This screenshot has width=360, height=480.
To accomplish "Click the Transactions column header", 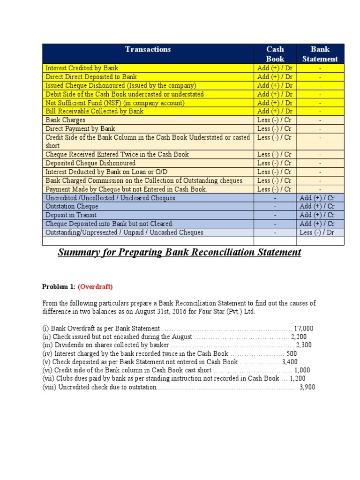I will pyautogui.click(x=148, y=49).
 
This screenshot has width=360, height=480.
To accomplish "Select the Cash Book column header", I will pyautogui.click(x=275, y=54).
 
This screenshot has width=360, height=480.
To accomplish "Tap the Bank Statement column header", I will pyautogui.click(x=320, y=54).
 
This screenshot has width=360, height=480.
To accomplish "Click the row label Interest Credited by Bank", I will pyautogui.click(x=82, y=68).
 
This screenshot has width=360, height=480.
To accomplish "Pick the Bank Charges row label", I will pyautogui.click(x=65, y=120).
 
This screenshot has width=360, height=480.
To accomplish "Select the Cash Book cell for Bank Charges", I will pyautogui.click(x=275, y=120).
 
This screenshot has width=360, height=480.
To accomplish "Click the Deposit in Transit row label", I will pyautogui.click(x=71, y=215).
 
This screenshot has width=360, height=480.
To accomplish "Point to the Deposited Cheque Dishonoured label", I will pyautogui.click(x=90, y=163).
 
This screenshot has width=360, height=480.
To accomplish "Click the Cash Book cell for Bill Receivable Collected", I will pyautogui.click(x=275, y=111).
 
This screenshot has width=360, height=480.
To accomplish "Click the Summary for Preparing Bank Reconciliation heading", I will pyautogui.click(x=179, y=253).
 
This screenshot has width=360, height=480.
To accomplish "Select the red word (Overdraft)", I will pyautogui.click(x=95, y=287).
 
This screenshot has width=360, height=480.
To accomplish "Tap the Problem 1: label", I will pyautogui.click(x=59, y=287).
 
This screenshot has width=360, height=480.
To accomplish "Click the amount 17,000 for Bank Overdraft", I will pyautogui.click(x=304, y=328).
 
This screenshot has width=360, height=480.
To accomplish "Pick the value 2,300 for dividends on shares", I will pyautogui.click(x=304, y=345).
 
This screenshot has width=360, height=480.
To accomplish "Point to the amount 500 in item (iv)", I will pyautogui.click(x=292, y=353).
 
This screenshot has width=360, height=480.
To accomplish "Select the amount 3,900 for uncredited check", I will pyautogui.click(x=307, y=387).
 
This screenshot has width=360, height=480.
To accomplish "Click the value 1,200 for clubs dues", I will pyautogui.click(x=298, y=379).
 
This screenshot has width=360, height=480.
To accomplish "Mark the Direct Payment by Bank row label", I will pyautogui.click(x=80, y=128).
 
